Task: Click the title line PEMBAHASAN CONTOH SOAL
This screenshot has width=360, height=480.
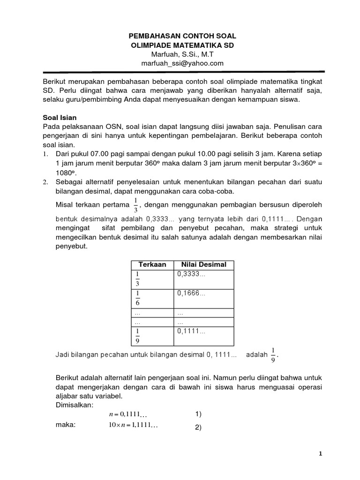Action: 182,36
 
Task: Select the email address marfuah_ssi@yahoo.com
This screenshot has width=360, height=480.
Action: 182,63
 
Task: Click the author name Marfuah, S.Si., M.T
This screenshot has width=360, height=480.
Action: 182,54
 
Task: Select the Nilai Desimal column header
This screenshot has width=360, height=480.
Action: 203,264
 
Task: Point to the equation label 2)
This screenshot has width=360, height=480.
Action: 198,427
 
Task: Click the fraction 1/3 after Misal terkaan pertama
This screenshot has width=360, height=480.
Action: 136,205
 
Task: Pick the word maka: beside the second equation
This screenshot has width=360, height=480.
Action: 66,425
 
